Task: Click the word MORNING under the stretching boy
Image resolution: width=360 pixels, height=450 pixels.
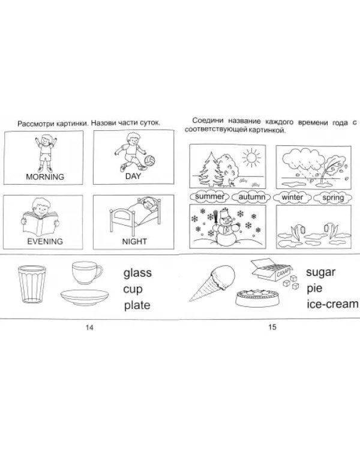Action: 45,177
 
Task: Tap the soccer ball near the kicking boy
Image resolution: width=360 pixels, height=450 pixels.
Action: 149,161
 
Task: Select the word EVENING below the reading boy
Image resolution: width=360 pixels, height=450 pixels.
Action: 45,241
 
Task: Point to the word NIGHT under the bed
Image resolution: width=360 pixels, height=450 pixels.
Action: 134,241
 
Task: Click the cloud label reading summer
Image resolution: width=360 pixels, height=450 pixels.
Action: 210,197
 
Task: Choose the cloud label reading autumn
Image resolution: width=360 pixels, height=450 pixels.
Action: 251,197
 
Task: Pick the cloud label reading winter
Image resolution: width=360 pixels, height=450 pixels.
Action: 292,197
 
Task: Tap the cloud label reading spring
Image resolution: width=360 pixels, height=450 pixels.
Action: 333,198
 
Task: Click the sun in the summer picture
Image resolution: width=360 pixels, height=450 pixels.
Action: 251,158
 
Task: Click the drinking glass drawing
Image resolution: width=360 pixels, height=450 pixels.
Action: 32,284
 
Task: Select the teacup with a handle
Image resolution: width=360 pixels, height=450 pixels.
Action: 86,272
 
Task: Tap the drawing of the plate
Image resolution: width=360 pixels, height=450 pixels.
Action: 85,298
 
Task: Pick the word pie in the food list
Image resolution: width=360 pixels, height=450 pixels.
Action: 314,289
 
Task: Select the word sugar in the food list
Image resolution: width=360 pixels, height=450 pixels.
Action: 320,272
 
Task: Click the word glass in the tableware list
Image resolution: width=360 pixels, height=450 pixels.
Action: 137,273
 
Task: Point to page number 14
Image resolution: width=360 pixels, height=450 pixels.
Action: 89,327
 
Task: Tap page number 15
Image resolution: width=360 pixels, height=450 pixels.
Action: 272,327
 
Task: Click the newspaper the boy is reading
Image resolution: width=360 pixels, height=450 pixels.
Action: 40,223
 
